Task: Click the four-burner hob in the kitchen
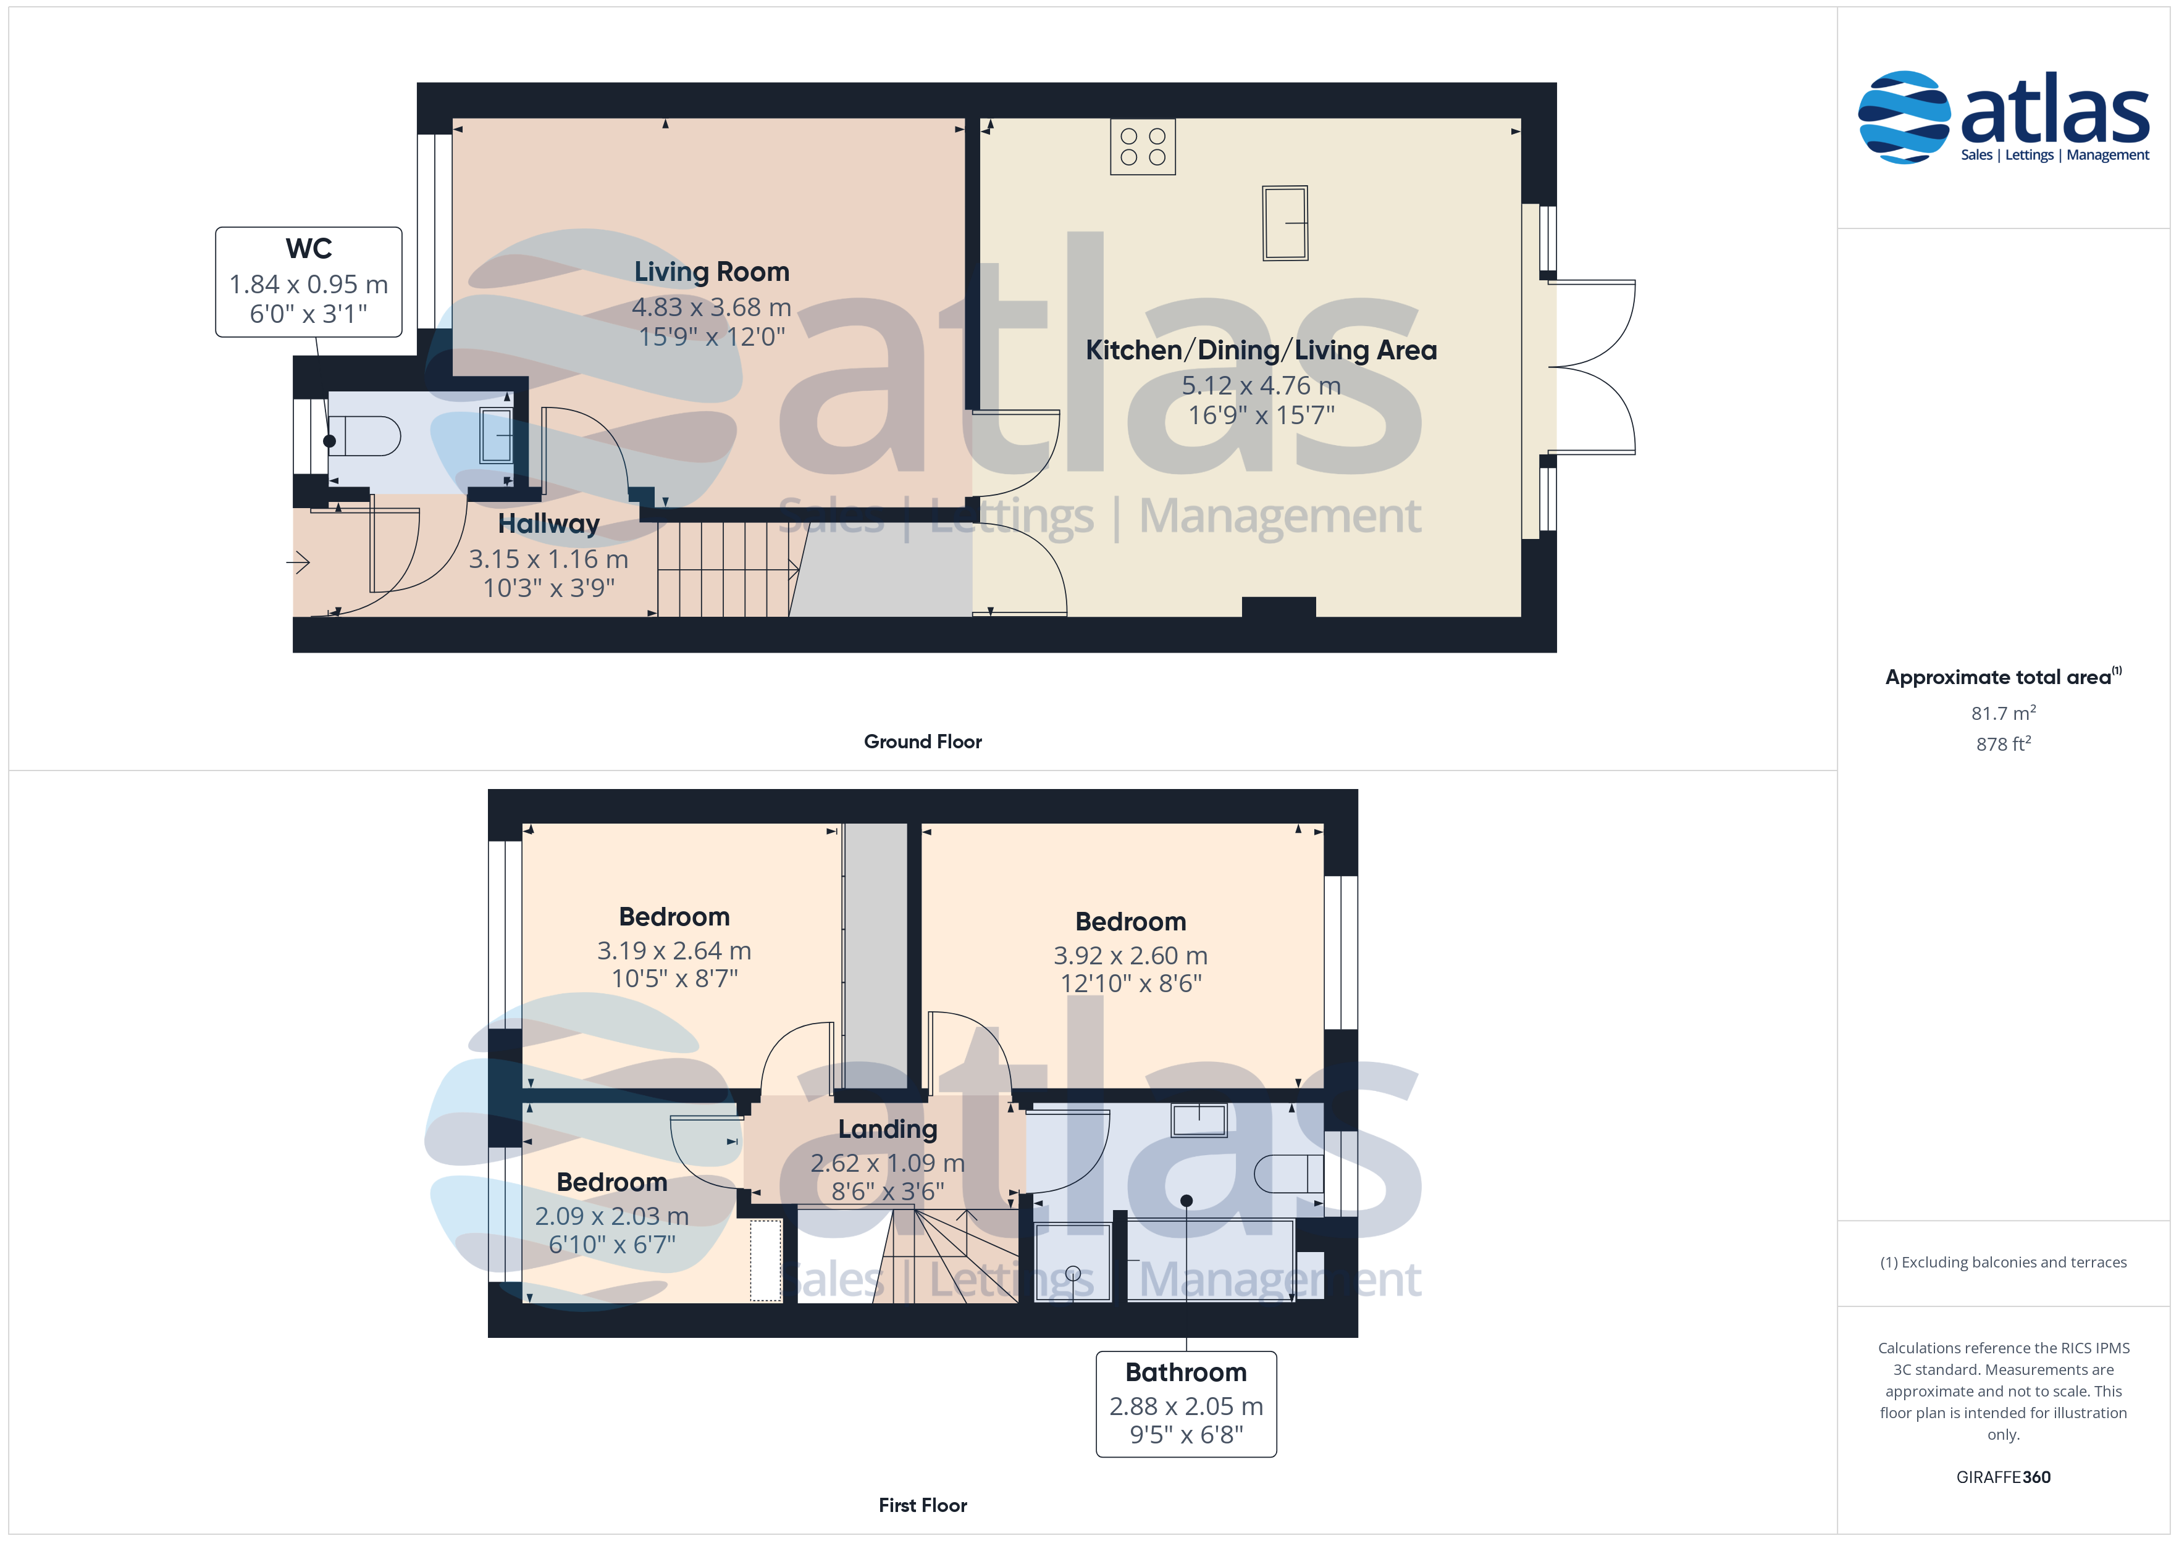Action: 1143,147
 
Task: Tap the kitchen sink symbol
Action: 1285,223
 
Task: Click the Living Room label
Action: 712,272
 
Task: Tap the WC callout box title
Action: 308,249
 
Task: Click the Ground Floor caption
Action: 923,742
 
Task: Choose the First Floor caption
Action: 923,1506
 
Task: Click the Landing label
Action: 888,1129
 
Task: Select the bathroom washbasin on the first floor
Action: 1199,1120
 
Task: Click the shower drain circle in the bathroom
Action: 1073,1274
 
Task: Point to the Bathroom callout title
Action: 1186,1373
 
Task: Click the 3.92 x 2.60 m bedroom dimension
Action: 1130,956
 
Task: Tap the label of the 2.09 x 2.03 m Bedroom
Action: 612,1182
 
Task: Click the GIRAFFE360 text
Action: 2004,1477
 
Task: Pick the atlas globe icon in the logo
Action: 1904,117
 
